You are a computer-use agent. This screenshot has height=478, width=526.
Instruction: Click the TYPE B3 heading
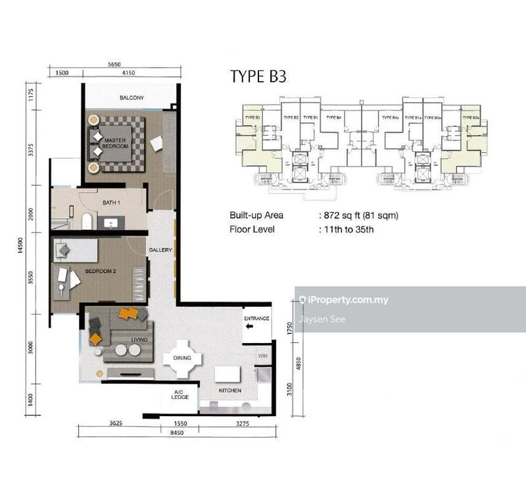[258, 77]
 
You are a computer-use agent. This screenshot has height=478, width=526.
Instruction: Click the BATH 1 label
[111, 203]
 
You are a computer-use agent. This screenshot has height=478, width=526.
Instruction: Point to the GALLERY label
[160, 250]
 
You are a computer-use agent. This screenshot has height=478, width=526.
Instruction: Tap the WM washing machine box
[262, 356]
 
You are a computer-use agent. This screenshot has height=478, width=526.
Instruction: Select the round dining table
[182, 358]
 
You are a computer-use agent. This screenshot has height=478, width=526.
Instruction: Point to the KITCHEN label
[230, 390]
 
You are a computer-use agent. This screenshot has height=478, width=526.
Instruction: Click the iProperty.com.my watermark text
[347, 300]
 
